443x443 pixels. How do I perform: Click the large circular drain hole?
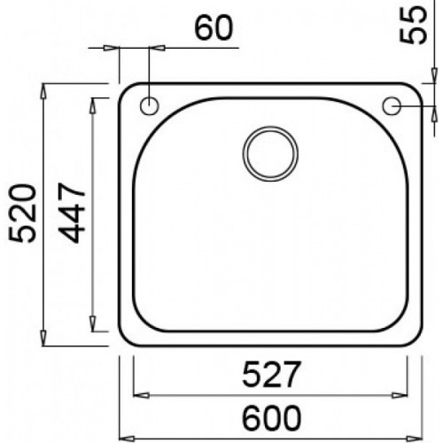point(269,152)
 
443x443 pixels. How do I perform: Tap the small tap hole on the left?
point(148,106)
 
